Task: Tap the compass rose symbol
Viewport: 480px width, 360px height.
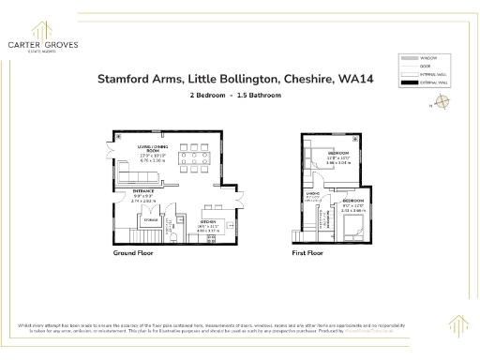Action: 443,105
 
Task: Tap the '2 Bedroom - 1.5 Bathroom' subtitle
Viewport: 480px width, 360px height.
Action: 235,97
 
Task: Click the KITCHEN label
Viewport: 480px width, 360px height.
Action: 208,222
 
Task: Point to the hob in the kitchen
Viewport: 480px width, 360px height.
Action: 211,238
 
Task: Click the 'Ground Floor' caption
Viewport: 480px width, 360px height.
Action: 133,253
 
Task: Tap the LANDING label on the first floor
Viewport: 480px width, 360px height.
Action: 313,194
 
